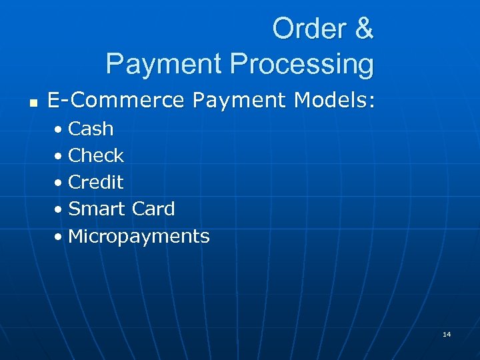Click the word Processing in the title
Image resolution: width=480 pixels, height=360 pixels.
coord(301,64)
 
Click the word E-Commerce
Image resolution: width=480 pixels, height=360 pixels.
coord(116,101)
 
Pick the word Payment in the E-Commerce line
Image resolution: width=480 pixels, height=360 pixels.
coord(231,101)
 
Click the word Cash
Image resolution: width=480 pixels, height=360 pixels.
coord(91,129)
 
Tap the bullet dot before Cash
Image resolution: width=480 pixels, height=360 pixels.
coord(60,129)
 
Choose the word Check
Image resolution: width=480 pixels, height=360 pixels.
coord(96,155)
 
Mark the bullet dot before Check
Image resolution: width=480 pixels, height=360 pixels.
coord(60,156)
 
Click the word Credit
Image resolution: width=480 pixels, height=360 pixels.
coord(96,182)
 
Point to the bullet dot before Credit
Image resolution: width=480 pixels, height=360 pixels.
coord(60,183)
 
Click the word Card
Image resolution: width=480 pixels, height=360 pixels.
coord(153,209)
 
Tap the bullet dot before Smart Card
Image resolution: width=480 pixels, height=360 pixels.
coord(60,209)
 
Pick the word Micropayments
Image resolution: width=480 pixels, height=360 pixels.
coord(139,236)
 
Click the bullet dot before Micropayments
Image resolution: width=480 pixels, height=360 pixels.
coord(60,236)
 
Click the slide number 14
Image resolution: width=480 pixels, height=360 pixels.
coord(446,334)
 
